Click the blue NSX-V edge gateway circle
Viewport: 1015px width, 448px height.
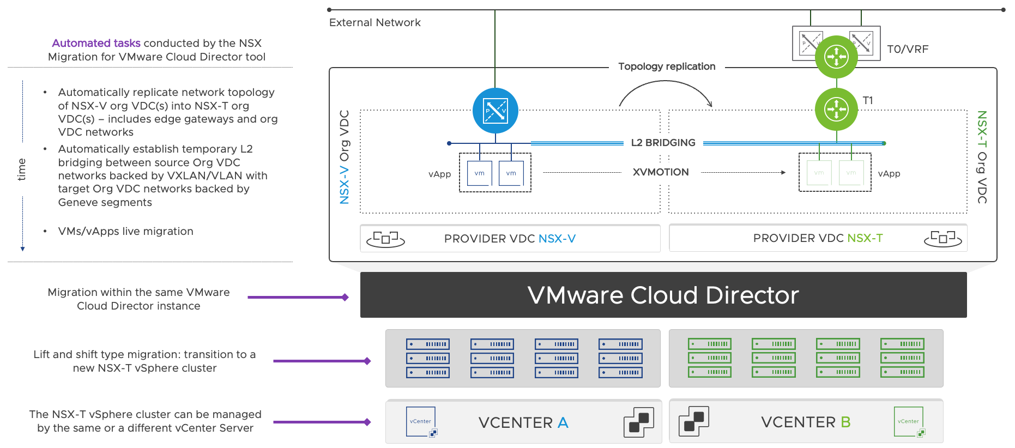tap(495, 111)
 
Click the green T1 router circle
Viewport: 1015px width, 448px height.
tap(836, 109)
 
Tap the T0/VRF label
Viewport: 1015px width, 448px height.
tap(908, 49)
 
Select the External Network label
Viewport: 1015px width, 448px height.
tap(374, 22)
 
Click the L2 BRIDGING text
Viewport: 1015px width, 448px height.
tap(663, 143)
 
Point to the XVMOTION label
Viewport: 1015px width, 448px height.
tap(661, 172)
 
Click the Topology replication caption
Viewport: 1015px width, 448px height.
tap(667, 66)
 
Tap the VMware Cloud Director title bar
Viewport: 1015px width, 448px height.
tap(663, 295)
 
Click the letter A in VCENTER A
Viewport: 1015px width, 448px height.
tap(563, 422)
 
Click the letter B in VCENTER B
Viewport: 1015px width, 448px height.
tap(845, 422)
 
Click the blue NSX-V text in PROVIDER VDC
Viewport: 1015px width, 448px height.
tap(557, 239)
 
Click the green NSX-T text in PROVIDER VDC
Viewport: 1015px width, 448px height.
tap(865, 238)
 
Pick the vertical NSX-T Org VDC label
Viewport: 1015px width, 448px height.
tap(982, 157)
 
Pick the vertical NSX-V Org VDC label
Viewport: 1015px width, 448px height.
tap(345, 157)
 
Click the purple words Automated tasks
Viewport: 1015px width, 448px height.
tap(96, 43)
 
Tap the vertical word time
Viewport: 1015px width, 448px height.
tap(21, 169)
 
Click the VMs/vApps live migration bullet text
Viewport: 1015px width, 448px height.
tap(125, 231)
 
